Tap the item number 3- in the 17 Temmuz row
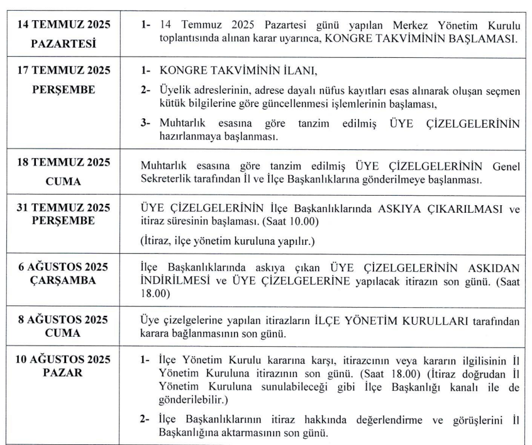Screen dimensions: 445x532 coord(145,123)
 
